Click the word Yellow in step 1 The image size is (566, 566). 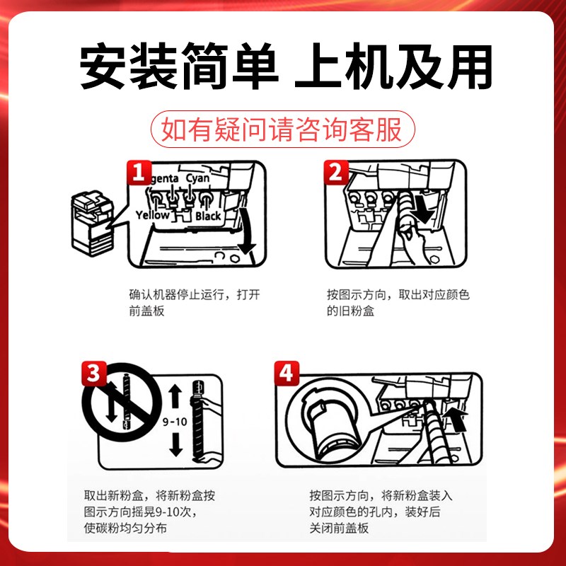(152, 215)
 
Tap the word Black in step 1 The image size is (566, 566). (208, 216)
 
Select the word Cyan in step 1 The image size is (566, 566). (197, 178)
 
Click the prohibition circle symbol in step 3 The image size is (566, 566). (116, 408)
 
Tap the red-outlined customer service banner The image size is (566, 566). (282, 130)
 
